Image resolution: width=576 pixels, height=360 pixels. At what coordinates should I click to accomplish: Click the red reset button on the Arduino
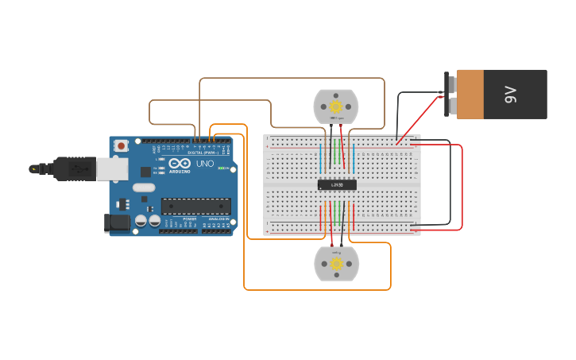(121, 145)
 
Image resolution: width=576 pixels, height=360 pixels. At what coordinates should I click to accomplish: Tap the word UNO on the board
(205, 165)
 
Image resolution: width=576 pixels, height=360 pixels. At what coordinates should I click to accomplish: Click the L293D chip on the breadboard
(337, 184)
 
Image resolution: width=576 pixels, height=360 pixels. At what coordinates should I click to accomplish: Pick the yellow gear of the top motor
(336, 106)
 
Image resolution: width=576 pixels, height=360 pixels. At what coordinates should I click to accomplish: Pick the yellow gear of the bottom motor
(336, 263)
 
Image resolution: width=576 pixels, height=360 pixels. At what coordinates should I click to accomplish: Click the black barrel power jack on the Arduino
(117, 223)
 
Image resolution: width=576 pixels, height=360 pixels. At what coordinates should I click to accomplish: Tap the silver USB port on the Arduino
(112, 168)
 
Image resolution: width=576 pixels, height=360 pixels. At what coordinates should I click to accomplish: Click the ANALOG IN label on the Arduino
(215, 218)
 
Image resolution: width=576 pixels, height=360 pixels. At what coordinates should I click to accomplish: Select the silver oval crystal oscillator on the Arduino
(143, 188)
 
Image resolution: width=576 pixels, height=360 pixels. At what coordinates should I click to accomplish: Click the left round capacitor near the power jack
(141, 220)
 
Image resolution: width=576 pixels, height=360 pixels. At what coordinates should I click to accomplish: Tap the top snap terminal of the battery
(450, 82)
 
